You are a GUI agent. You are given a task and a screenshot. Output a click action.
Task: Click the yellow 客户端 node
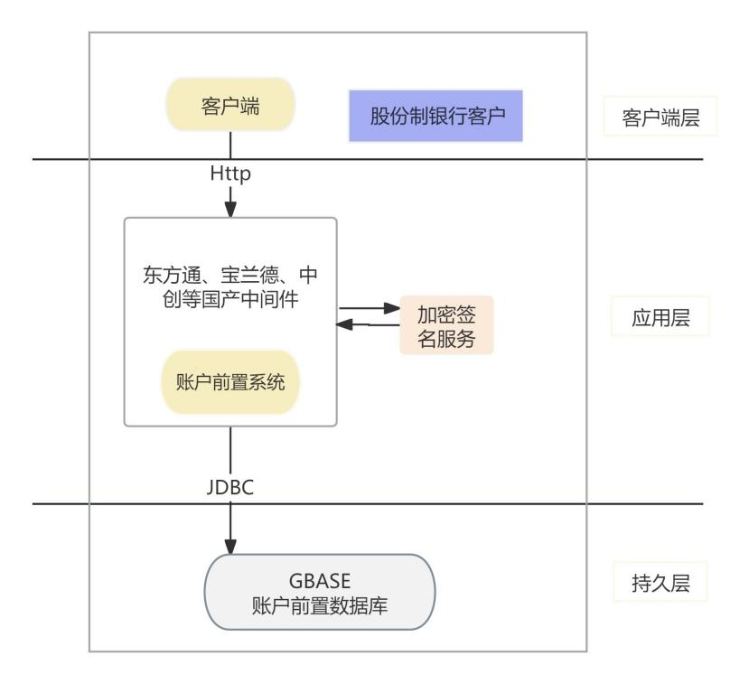[x=229, y=106]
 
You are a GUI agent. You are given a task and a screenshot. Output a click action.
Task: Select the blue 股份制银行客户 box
[x=435, y=117]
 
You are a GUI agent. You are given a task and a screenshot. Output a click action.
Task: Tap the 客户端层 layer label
[x=660, y=117]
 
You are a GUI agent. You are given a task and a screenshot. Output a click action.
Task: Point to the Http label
[x=230, y=172]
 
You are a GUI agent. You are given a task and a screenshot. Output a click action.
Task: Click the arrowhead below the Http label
[x=230, y=210]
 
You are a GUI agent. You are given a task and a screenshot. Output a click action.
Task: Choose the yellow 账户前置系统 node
[x=229, y=382]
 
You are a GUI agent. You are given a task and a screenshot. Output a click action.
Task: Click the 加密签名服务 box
[x=447, y=324]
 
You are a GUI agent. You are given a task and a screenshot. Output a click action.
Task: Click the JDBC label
[x=230, y=488]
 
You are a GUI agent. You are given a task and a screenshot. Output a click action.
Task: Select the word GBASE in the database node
[x=321, y=581]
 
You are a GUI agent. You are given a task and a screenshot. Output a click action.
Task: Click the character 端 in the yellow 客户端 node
[x=249, y=106]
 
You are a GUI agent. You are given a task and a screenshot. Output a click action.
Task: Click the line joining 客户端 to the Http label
[x=230, y=145]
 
